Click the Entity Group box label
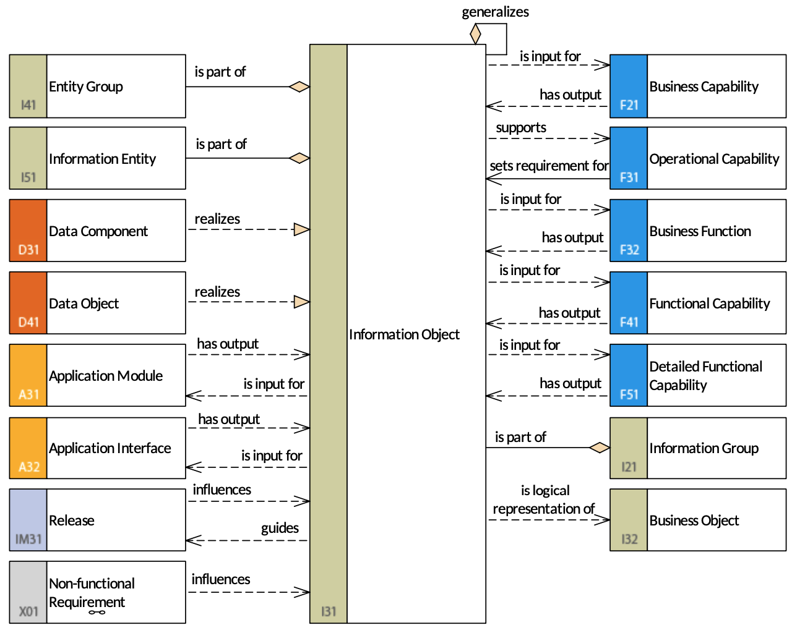coord(86,87)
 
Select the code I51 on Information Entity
coord(28,177)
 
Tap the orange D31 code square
coord(28,230)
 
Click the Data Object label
coord(84,304)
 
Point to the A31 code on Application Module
coord(28,394)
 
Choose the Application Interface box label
coord(110,448)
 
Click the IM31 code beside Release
coord(28,539)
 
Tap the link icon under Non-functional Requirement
coord(97,613)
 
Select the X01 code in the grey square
coord(28,611)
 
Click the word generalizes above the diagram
coord(495,12)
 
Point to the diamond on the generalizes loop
coord(475,34)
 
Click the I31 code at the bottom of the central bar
coord(329,611)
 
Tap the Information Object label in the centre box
coord(404,334)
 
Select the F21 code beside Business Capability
coord(629,105)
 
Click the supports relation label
coord(521,127)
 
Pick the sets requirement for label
coord(549,166)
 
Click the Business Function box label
coord(700,231)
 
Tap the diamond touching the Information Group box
coord(600,448)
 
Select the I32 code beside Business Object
coord(629,539)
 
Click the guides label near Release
coord(280,528)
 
